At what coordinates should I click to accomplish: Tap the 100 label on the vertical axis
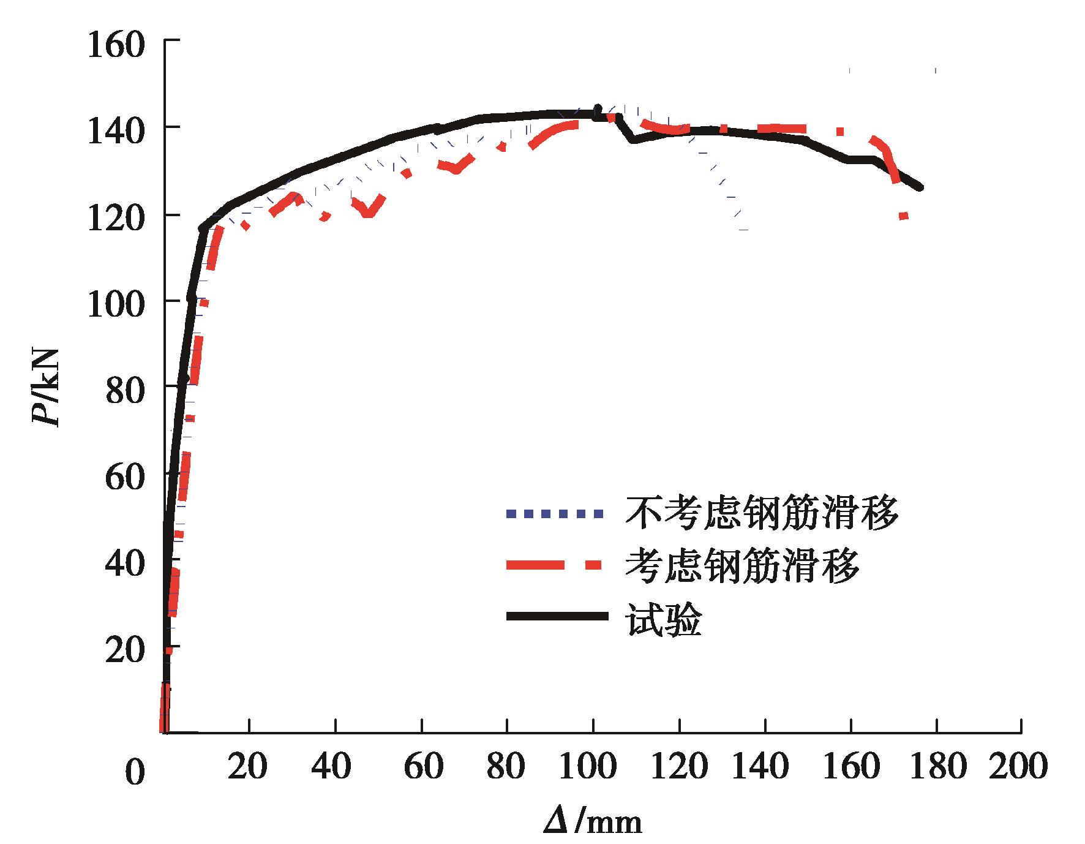tap(116, 305)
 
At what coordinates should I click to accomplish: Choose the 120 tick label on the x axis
tap(678, 767)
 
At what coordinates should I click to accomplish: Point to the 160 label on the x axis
tap(850, 767)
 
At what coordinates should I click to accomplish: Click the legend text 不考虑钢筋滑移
tap(761, 513)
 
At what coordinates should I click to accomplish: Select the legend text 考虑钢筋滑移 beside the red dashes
tap(742, 566)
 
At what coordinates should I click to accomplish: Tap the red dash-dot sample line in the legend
tap(554, 565)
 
